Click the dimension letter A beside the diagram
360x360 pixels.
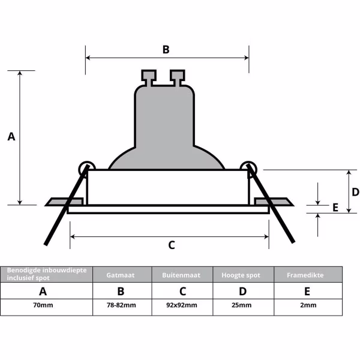click(11, 137)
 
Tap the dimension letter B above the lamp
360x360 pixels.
click(166, 49)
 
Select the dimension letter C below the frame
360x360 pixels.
click(171, 245)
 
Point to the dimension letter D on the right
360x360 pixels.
click(355, 192)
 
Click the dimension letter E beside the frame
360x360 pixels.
click(335, 207)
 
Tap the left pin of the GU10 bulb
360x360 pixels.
click(148, 77)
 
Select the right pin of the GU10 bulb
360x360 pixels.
click(177, 77)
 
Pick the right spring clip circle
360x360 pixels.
click(248, 166)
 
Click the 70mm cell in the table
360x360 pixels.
click(43, 305)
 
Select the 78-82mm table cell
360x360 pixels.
click(121, 305)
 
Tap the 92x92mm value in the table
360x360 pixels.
click(182, 305)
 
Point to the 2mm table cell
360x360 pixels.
click(308, 305)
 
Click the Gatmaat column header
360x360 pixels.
click(121, 275)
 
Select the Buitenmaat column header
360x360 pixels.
click(182, 275)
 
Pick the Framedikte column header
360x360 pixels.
click(307, 275)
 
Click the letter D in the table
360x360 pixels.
click(242, 292)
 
